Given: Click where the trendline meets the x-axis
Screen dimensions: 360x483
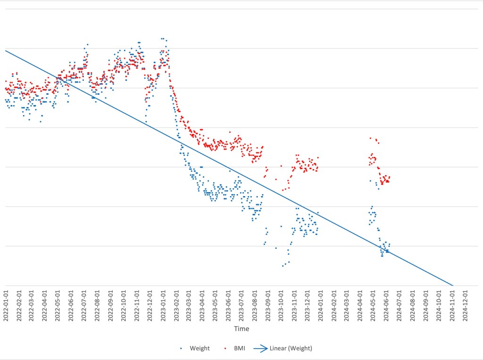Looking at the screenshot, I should click(453, 285).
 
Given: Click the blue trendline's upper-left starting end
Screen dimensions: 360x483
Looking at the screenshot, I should click(6, 50).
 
